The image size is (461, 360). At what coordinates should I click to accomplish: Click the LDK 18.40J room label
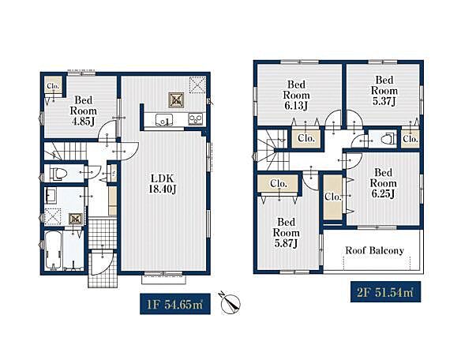point(163,184)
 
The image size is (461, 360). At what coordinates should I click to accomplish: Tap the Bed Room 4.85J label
point(83,111)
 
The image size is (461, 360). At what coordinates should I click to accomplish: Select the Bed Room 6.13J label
point(296,95)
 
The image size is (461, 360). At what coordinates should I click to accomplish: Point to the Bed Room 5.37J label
point(384,90)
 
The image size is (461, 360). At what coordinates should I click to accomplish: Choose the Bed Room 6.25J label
point(383,183)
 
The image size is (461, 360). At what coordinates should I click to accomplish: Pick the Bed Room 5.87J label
point(286,232)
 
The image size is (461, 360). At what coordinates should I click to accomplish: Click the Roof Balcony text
point(374,250)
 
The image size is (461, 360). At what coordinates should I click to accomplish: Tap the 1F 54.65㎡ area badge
point(175,304)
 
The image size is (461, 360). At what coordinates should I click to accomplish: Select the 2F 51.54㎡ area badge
point(385,292)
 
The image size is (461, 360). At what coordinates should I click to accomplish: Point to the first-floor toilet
point(59,174)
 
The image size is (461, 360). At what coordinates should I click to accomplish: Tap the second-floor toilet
point(388,138)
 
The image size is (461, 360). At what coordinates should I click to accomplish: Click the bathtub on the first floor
point(53,249)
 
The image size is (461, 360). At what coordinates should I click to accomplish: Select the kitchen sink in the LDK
point(165,120)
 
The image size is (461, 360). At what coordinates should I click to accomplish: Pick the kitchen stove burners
point(196,119)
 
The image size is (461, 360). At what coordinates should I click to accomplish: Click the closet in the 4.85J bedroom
point(53,85)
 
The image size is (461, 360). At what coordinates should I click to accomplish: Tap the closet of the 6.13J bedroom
point(306,138)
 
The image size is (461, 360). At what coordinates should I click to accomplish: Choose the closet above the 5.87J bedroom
point(278,184)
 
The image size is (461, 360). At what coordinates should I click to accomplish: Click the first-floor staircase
point(66,151)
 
